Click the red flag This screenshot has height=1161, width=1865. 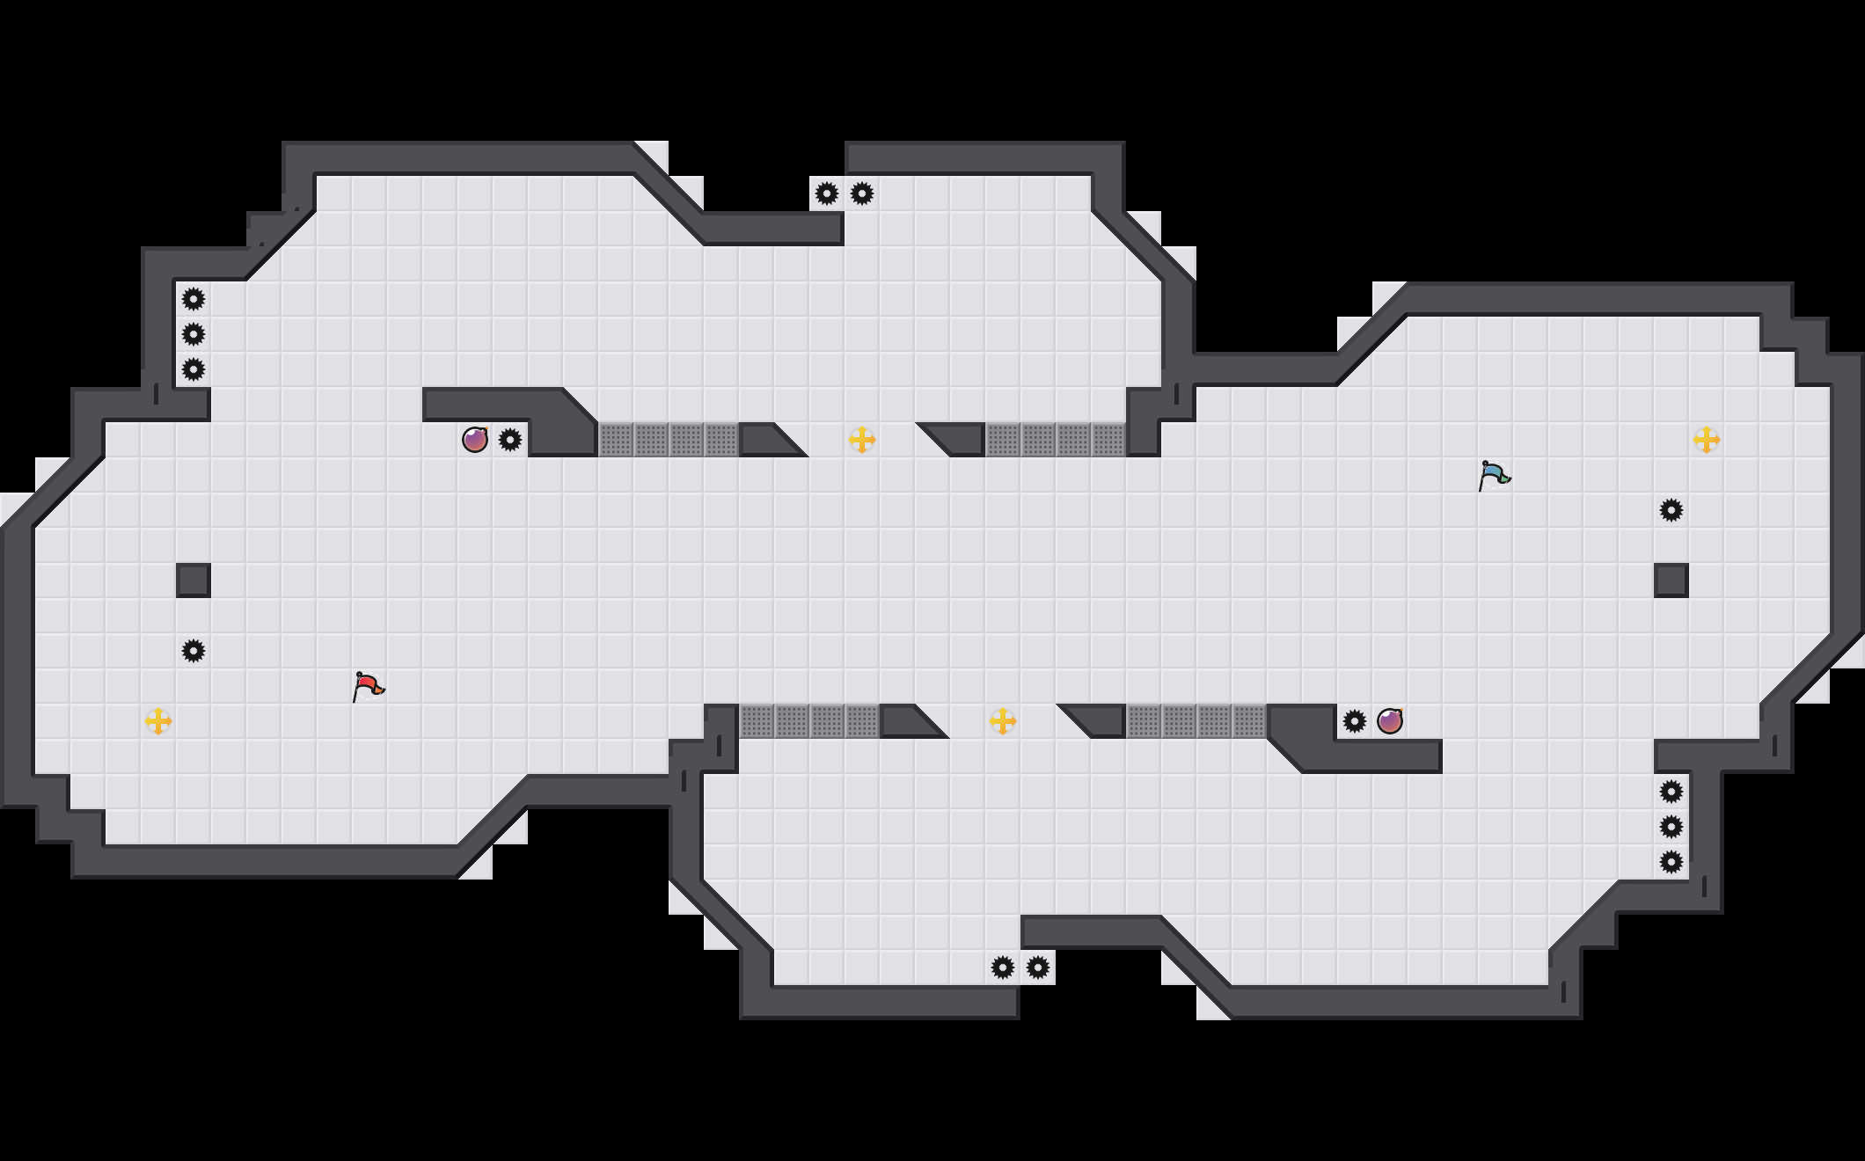point(368,686)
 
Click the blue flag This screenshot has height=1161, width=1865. point(1494,475)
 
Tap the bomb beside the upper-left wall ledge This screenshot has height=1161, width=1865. point(475,440)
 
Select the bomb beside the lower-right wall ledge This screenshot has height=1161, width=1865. point(1390,721)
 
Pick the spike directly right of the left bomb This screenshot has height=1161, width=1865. point(510,440)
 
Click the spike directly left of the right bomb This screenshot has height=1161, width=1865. point(1355,721)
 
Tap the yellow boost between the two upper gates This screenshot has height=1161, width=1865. point(862,440)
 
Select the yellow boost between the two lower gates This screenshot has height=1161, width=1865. point(1003,721)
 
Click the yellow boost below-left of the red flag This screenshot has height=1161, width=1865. point(158,721)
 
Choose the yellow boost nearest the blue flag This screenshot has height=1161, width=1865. point(1707,440)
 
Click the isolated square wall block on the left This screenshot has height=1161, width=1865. point(194,580)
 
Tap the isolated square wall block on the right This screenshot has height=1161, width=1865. point(1671,580)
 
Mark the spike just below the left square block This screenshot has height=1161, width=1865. point(194,651)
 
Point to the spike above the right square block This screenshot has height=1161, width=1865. point(1671,510)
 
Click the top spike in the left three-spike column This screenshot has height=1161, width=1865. point(194,299)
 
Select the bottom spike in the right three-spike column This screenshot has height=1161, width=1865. point(1671,862)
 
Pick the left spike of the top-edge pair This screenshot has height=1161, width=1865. point(827,193)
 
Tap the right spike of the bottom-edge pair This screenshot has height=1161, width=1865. point(1038,967)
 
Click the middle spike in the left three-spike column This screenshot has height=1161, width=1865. point(194,334)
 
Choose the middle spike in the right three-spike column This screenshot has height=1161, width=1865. point(1671,827)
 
